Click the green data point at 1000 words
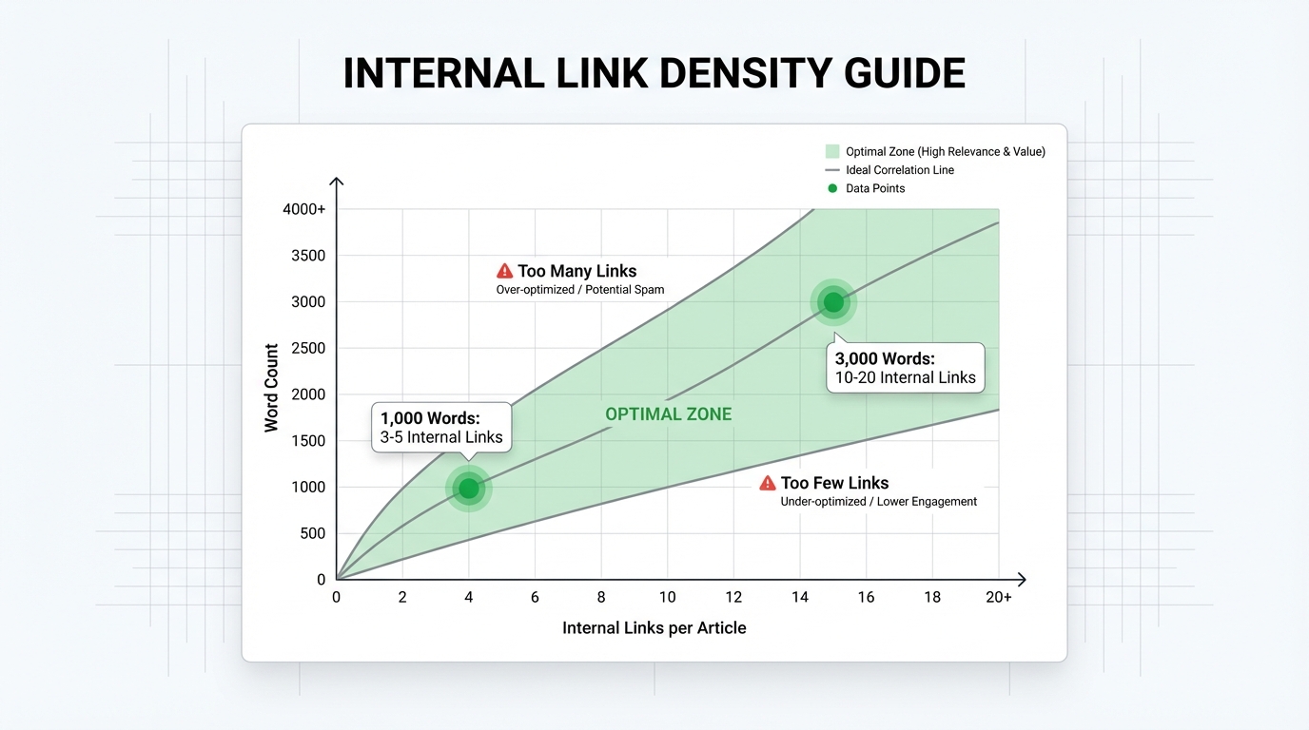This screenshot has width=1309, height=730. [469, 489]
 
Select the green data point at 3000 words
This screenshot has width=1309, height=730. [833, 302]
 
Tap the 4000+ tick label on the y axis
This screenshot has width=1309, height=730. [303, 209]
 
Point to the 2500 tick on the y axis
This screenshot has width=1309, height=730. [308, 348]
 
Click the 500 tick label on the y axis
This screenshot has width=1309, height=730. [313, 533]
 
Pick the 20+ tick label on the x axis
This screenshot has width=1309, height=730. [998, 597]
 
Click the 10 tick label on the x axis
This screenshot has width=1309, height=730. [668, 597]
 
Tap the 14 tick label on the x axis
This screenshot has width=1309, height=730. [800, 597]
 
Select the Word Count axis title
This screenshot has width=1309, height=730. [271, 388]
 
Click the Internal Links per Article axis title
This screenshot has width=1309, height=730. [654, 627]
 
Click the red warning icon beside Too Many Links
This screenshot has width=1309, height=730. [505, 271]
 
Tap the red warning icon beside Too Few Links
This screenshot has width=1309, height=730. [768, 483]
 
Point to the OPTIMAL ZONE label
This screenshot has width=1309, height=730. [668, 414]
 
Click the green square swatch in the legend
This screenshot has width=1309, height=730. [832, 151]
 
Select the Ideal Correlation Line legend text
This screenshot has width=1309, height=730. [900, 170]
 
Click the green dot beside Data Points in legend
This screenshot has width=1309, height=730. [832, 188]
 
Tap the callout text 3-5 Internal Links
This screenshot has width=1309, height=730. [441, 437]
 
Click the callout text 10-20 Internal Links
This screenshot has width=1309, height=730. [906, 377]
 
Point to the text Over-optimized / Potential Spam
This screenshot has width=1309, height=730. [580, 290]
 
